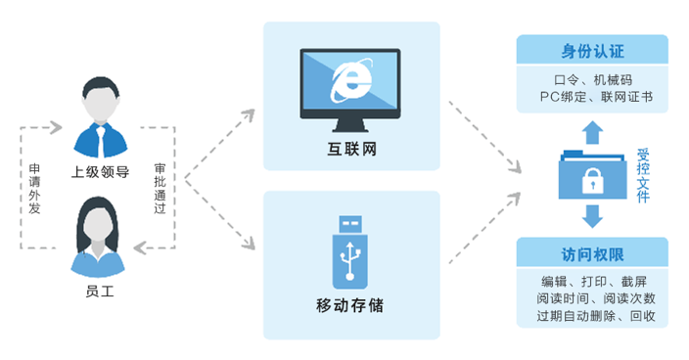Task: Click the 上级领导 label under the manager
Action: pos(100,172)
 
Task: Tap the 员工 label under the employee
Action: pos(100,291)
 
